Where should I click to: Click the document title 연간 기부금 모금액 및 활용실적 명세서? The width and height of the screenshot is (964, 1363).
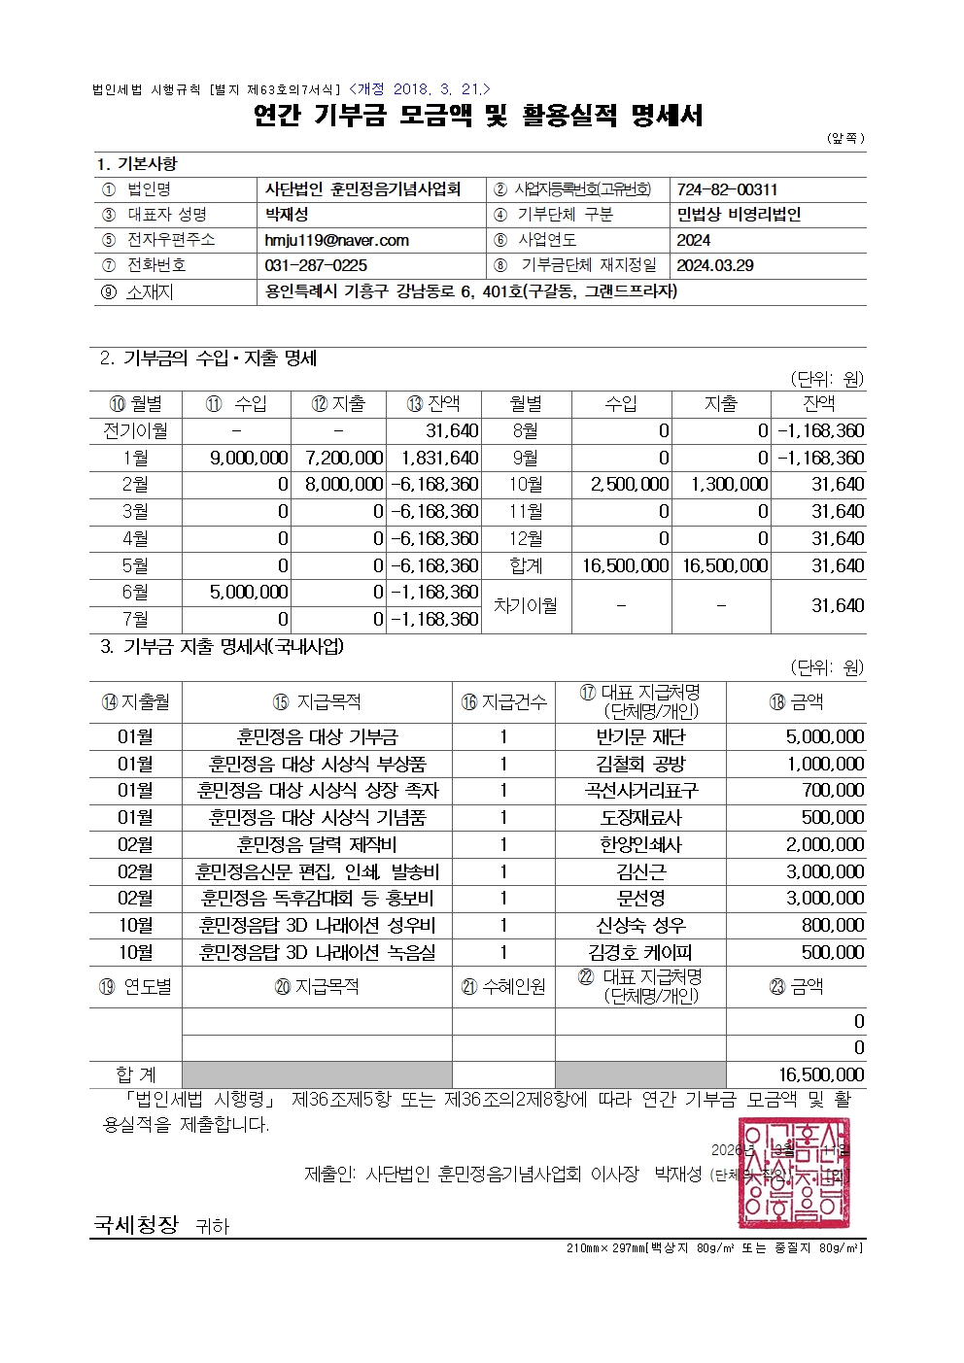(x=477, y=116)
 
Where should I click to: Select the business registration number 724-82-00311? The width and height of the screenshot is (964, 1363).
(x=727, y=189)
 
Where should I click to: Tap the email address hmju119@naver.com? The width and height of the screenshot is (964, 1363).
(x=336, y=240)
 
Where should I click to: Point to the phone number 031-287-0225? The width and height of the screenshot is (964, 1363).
(x=316, y=265)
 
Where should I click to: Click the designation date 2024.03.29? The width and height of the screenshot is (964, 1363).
(x=715, y=265)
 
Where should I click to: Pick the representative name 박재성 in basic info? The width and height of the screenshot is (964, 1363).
(x=287, y=215)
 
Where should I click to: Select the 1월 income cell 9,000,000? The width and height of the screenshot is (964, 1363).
(x=249, y=458)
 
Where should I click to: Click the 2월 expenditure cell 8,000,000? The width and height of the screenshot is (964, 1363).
(x=344, y=484)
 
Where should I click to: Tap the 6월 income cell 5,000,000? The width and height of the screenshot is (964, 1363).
(x=249, y=592)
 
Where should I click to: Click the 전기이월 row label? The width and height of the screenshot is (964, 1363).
(x=135, y=430)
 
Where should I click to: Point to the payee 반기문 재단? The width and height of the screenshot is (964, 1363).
(x=640, y=737)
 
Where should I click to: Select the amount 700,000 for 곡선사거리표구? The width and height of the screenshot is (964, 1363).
(x=833, y=791)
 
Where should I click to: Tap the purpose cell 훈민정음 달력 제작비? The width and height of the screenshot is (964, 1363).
(x=317, y=844)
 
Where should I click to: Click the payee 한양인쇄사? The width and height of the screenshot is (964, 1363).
(x=640, y=844)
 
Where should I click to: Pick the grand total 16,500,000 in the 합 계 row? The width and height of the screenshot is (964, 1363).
(x=821, y=1074)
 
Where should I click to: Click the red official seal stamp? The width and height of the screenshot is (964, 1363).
(x=793, y=1173)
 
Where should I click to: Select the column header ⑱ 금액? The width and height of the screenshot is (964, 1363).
(x=796, y=701)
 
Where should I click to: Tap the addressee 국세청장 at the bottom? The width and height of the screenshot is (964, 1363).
(x=136, y=1224)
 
